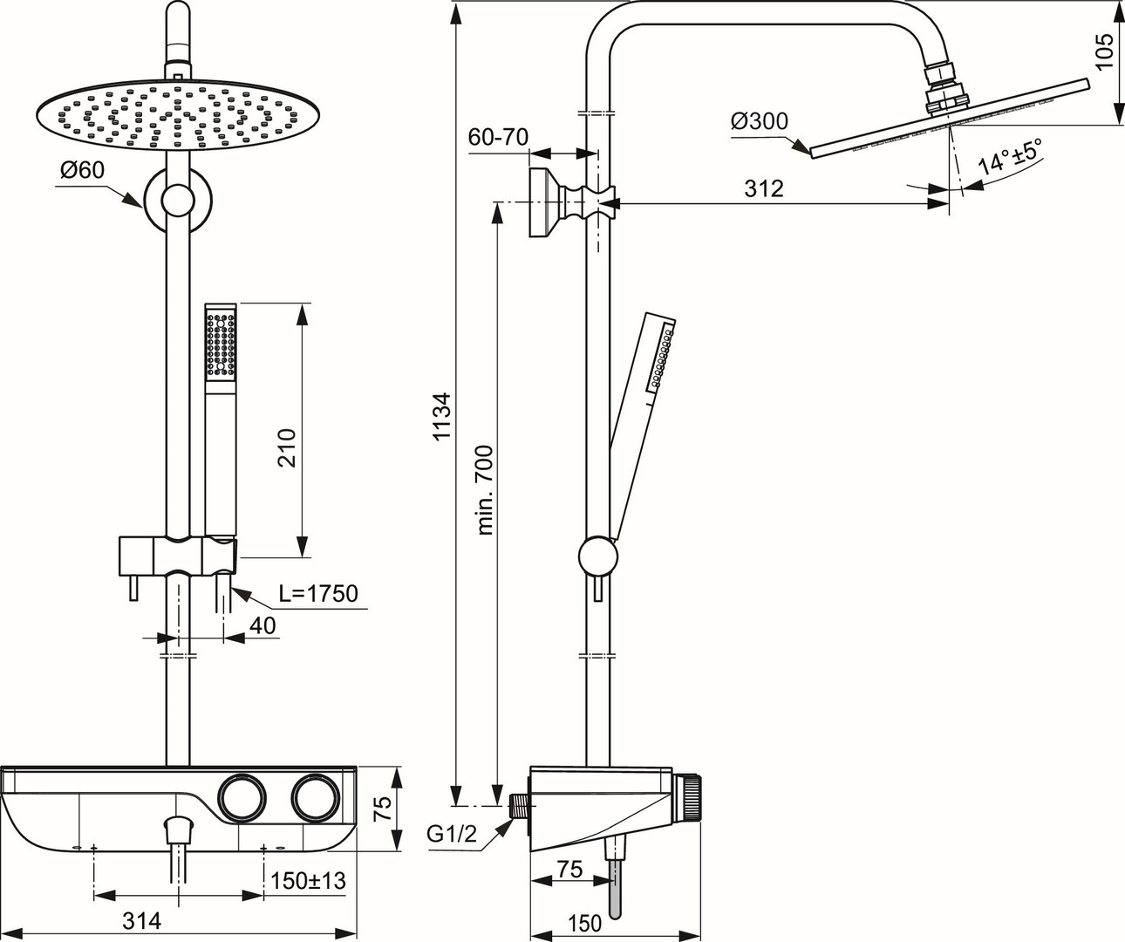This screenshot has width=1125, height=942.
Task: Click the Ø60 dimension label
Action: tap(82, 171)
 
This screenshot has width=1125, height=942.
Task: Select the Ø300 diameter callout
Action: tap(760, 122)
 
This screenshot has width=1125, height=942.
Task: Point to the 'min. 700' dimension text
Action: tap(485, 490)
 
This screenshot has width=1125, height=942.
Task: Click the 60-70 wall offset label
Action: tap(498, 138)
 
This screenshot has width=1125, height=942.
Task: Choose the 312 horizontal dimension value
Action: tap(763, 188)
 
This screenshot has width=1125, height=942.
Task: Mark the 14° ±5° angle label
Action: tap(1010, 156)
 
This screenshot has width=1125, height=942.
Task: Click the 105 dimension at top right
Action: tap(1104, 51)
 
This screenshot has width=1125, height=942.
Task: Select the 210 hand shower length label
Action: tap(287, 448)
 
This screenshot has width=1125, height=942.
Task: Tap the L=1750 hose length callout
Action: tap(318, 594)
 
